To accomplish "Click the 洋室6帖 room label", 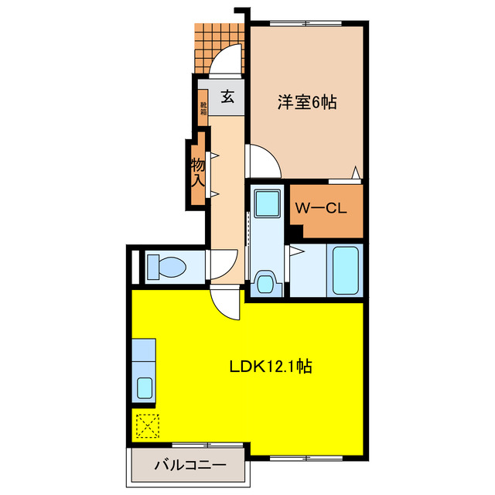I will (x=306, y=101).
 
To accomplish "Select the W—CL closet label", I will (x=320, y=207).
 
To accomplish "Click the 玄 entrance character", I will (x=228, y=97).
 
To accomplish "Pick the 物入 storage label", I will (x=197, y=172).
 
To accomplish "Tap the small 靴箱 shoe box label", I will (x=203, y=108).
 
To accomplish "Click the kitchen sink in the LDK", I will (x=144, y=387).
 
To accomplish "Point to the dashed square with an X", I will (x=145, y=425).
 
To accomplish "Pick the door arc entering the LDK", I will (x=227, y=304).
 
